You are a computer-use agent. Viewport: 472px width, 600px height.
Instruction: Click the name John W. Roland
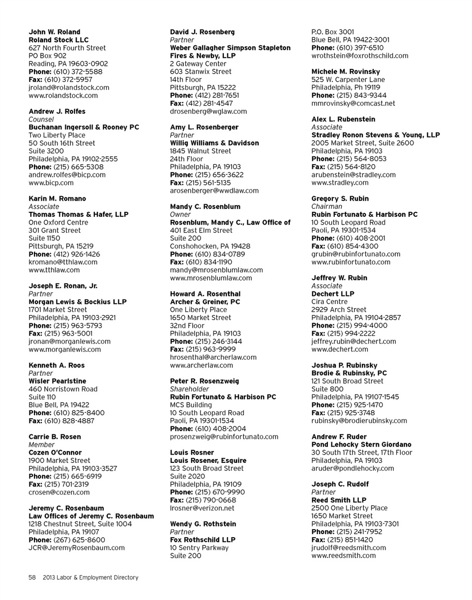click(x=54, y=32)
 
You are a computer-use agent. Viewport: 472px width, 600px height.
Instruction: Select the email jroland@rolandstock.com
click(x=69, y=87)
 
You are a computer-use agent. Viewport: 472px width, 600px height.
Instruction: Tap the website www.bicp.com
click(x=51, y=183)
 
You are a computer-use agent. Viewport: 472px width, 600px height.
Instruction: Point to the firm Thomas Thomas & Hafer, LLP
click(x=78, y=214)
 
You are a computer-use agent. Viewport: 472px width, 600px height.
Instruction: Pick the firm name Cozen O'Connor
click(x=55, y=452)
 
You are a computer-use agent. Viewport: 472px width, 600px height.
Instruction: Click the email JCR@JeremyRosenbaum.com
click(x=77, y=547)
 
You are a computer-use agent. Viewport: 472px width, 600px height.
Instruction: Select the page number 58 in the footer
click(x=32, y=577)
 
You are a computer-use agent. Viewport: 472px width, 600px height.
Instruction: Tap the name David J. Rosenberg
click(x=202, y=32)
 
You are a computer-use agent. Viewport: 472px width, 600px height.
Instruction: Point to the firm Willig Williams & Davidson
click(x=214, y=143)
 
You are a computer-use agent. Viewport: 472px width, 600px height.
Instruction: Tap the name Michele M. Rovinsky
click(x=345, y=72)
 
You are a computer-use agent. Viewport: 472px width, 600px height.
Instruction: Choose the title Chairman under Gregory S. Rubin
click(x=327, y=206)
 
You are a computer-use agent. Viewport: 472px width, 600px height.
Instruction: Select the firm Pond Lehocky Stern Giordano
click(x=361, y=445)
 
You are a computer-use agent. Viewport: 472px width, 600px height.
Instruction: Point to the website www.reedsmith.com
click(x=344, y=555)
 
